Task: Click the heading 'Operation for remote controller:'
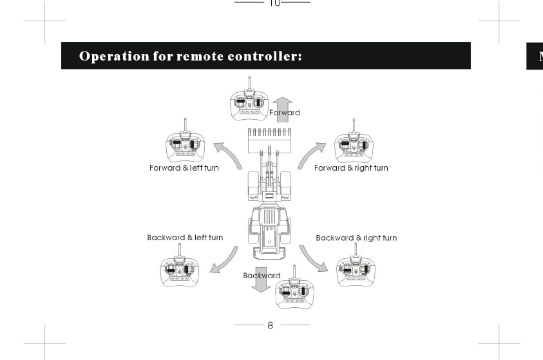(x=191, y=56)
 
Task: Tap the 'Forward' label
(x=285, y=113)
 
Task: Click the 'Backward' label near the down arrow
(x=262, y=276)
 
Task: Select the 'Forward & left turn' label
(x=184, y=168)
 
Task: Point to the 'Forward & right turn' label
(x=351, y=168)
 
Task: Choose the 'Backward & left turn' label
(x=185, y=238)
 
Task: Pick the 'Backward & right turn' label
(x=356, y=238)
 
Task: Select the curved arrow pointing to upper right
(x=311, y=155)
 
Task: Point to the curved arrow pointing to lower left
(x=224, y=260)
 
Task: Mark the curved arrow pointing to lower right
(x=313, y=259)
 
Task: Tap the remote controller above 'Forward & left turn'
(x=186, y=143)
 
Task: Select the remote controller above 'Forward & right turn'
(x=354, y=143)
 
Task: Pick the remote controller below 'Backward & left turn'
(x=180, y=267)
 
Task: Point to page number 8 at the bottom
(x=271, y=326)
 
